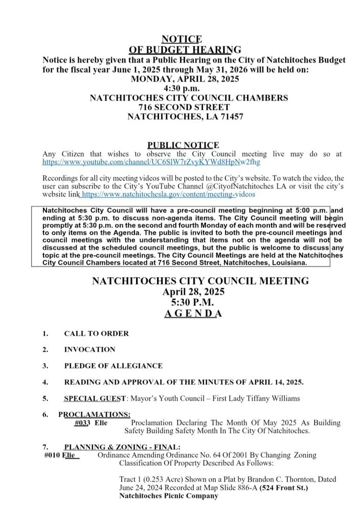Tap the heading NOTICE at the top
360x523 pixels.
pos(182,39)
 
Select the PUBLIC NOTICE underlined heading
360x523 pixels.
pos(183,145)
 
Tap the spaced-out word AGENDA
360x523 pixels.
pos(193,313)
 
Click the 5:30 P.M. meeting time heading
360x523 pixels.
pos(193,303)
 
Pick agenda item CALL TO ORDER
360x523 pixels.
pos(96,334)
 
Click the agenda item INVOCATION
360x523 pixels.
pos(89,350)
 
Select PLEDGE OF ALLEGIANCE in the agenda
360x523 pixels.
pos(113,366)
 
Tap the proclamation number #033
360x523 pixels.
pos(82,423)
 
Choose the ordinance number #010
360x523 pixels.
pos(52,455)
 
